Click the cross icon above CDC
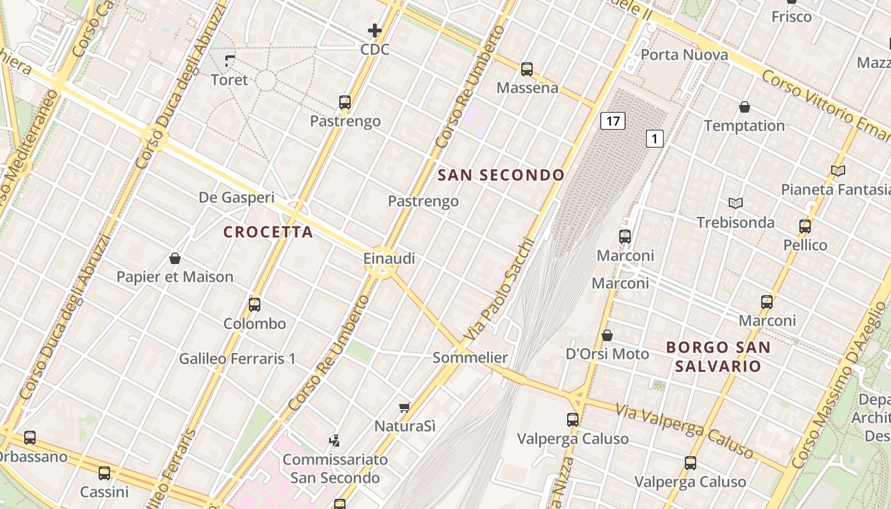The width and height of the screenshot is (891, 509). click(375, 30)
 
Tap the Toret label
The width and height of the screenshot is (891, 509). click(229, 80)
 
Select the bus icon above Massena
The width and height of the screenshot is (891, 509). click(527, 69)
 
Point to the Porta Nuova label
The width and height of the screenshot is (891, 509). click(684, 55)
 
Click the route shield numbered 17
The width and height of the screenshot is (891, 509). click(612, 121)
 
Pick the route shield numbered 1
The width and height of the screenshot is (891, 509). click(655, 138)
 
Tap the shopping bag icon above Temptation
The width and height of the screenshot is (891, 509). click(745, 107)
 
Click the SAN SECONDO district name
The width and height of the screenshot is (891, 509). click(502, 175)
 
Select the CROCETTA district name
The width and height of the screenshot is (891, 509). click(268, 232)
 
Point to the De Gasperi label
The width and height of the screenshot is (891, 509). click(237, 197)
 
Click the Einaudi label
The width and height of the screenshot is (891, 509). click(389, 258)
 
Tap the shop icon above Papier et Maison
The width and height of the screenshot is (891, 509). click(175, 258)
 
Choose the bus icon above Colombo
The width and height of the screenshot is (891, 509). click(255, 305)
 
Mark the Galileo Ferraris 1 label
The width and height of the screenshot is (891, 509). click(237, 359)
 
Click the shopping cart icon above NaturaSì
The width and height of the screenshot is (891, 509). click(404, 407)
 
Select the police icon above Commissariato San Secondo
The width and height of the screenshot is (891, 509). click(334, 440)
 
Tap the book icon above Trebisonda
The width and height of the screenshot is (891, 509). click(736, 203)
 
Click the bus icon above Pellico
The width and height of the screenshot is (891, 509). click(805, 227)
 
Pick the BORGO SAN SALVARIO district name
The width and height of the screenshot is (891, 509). click(718, 357)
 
